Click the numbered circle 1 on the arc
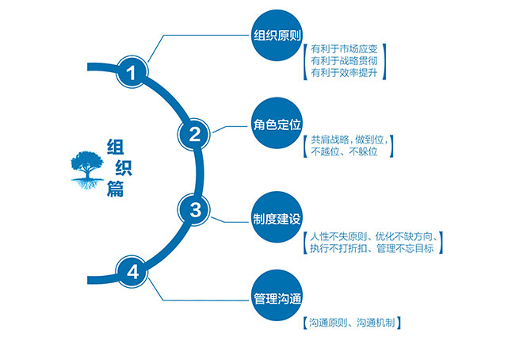132,72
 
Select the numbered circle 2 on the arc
194,135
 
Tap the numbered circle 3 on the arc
194,209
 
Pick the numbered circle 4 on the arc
132,272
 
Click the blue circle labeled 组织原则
277,36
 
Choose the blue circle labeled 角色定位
277,123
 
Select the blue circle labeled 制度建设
277,217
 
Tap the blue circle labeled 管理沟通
277,296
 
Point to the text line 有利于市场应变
344,49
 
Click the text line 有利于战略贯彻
344,61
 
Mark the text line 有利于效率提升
344,72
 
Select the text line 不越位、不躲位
344,151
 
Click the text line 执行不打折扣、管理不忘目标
372,248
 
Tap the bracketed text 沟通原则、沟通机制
352,323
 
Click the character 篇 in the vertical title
116,189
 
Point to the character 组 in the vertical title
116,147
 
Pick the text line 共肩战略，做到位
349,140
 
